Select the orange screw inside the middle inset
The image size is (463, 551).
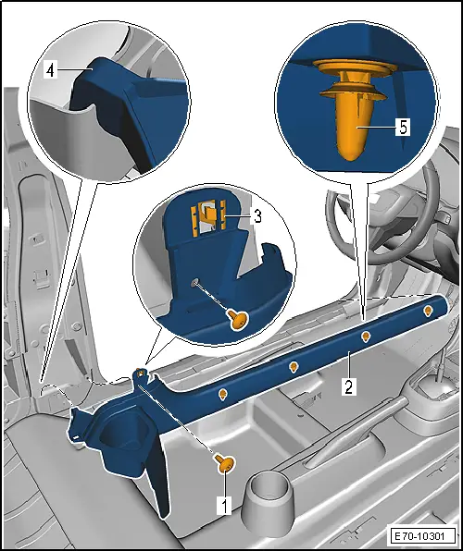tap(238, 319)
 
